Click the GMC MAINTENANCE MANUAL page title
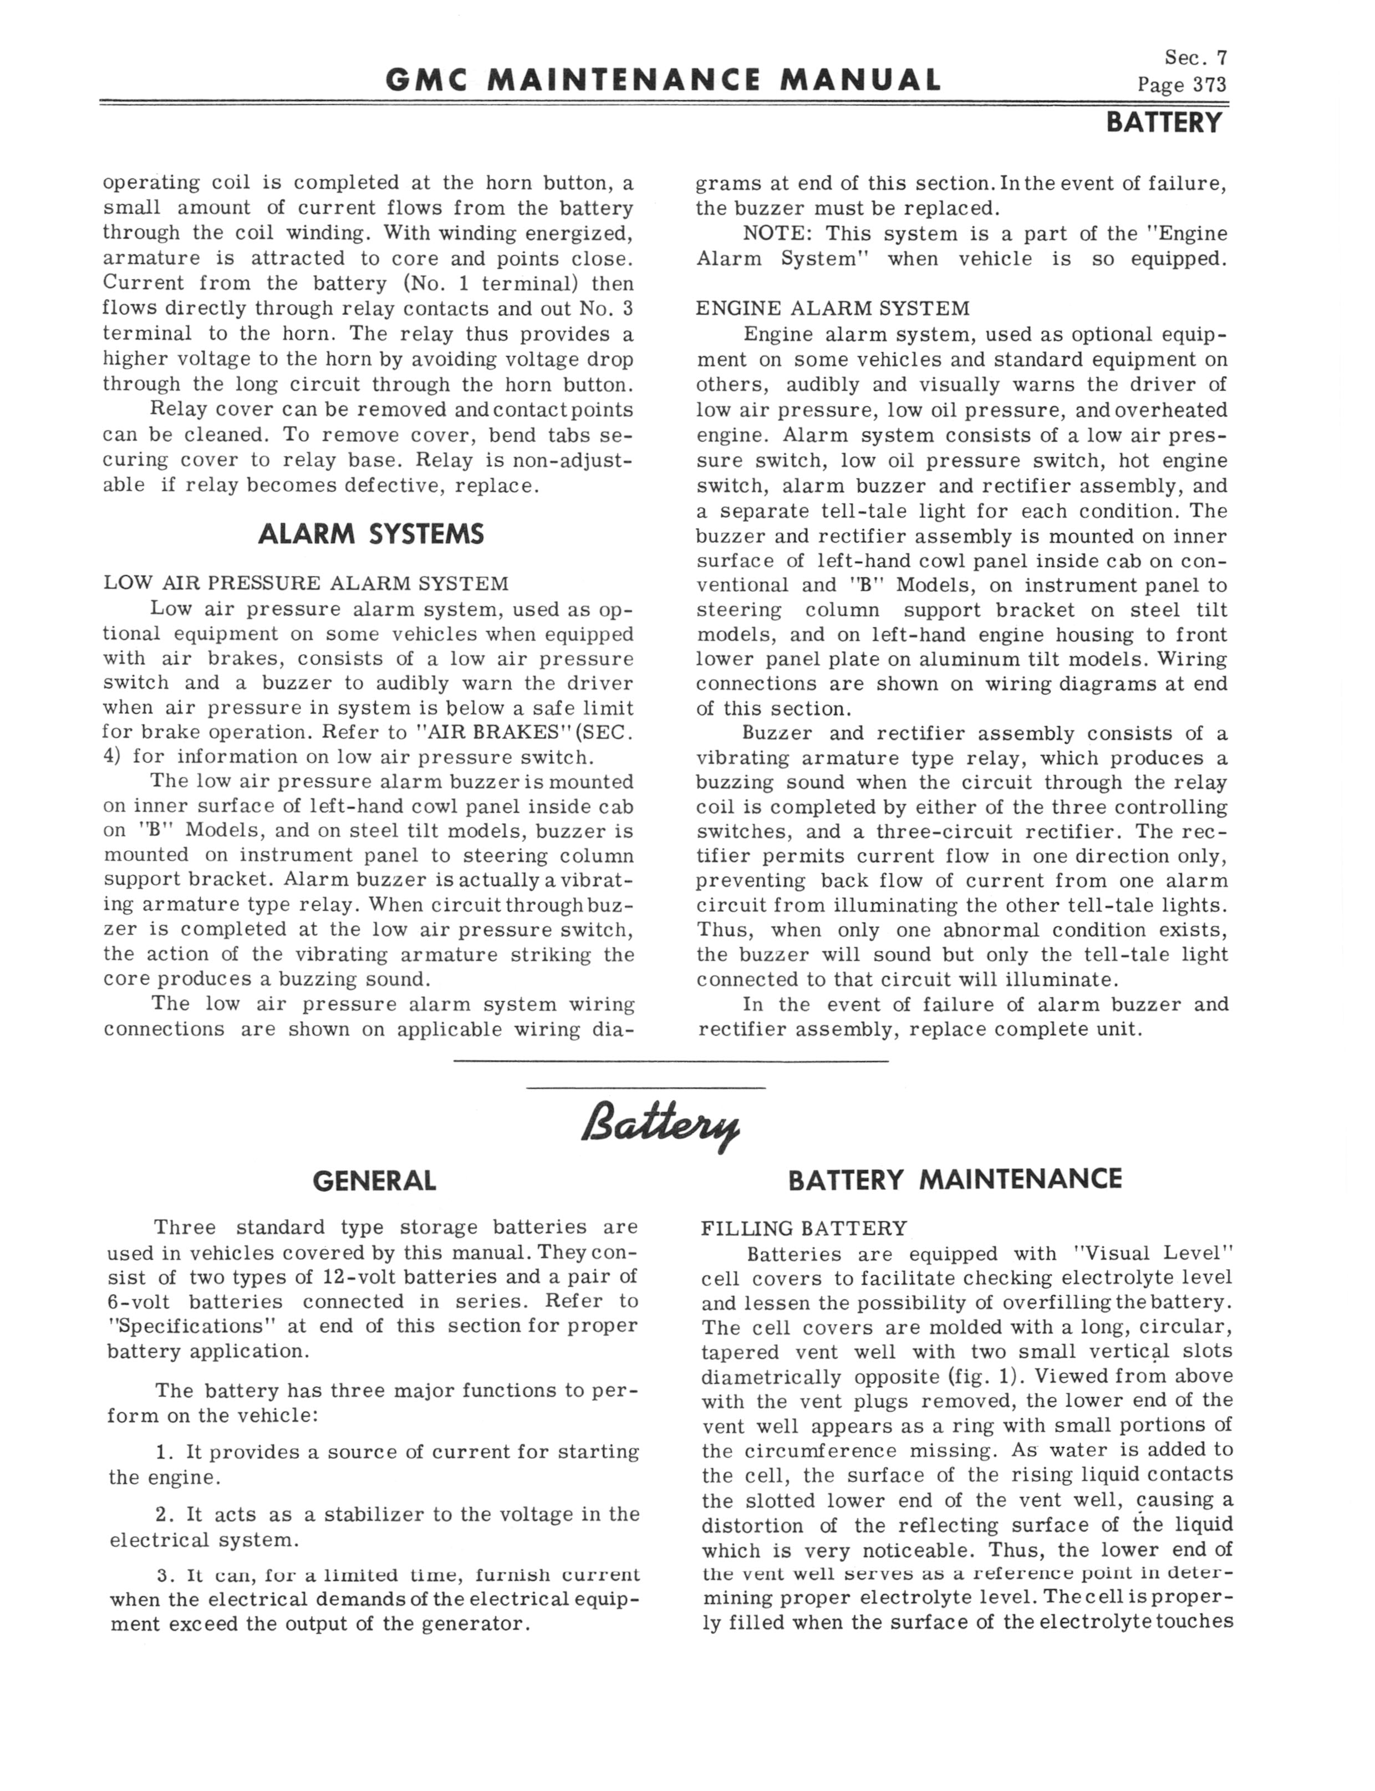point(663,80)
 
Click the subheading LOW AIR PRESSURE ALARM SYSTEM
point(305,584)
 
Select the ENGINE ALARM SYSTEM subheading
point(832,308)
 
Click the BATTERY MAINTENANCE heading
point(954,1180)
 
